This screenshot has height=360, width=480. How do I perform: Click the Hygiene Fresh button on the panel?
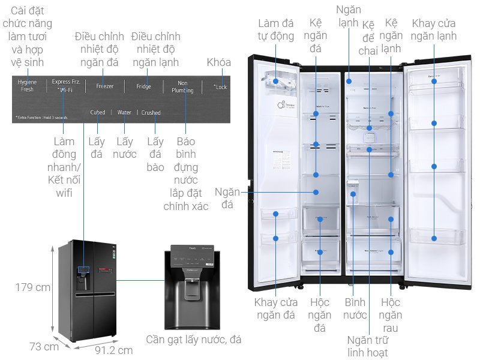point(27,85)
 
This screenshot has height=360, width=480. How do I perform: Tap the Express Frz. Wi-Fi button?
point(65,85)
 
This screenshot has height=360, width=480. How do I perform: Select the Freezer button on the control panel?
point(104,86)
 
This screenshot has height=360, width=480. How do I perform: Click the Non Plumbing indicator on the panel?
point(183,87)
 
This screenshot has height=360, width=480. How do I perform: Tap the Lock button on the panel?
point(221,87)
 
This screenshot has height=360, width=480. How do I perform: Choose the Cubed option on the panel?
point(97,112)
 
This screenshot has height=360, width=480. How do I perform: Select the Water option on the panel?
point(124,112)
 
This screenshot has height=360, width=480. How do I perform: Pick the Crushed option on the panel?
point(151,112)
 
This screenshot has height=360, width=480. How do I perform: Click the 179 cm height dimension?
point(33,287)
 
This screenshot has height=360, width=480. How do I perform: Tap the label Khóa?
point(218,62)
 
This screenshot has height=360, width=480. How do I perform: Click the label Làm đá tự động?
point(276,29)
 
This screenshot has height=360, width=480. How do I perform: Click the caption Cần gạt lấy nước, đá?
point(194,340)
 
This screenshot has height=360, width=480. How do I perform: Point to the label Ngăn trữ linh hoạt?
point(368,346)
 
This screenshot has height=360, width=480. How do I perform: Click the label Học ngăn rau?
point(391,314)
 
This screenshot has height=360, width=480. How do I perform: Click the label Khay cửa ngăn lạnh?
point(434,29)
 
